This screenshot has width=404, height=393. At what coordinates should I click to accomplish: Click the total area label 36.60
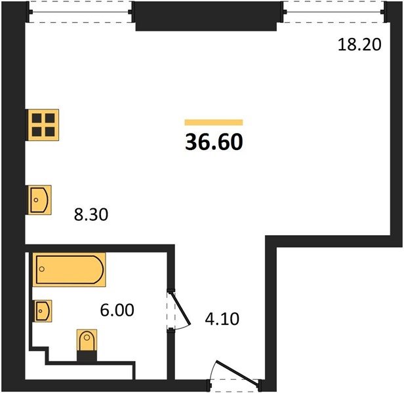click(x=214, y=142)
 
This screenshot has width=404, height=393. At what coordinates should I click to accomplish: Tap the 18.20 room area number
click(x=359, y=45)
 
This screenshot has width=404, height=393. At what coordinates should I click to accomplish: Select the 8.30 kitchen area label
click(x=91, y=215)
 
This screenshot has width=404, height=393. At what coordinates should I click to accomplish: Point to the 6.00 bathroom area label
click(x=117, y=310)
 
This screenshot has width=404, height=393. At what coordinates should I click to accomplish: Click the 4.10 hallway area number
click(x=222, y=319)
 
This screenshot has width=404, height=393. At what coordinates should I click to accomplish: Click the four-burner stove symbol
click(x=43, y=125)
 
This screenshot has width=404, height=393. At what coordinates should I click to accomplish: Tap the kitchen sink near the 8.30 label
click(x=39, y=200)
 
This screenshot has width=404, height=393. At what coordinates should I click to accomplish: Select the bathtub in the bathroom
click(x=69, y=269)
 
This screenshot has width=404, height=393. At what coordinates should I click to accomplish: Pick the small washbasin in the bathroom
click(x=43, y=311)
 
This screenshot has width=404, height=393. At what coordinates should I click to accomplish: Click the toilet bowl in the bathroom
click(x=87, y=340)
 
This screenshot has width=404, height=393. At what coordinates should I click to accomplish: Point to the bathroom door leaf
click(x=181, y=308)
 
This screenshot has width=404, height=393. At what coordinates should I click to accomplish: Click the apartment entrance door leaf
click(x=237, y=373)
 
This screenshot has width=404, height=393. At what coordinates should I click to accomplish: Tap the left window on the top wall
click(x=81, y=12)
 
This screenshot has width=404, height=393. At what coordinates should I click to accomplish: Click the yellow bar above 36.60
click(x=214, y=122)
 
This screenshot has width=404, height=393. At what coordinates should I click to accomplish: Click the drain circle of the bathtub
click(x=42, y=269)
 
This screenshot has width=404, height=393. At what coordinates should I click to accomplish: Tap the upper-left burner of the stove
click(x=37, y=118)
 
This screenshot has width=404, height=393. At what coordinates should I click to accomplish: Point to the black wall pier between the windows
click(x=206, y=16)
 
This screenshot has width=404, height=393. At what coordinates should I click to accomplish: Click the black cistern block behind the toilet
click(x=87, y=356)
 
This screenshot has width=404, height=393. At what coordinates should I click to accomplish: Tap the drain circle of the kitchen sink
click(x=36, y=200)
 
